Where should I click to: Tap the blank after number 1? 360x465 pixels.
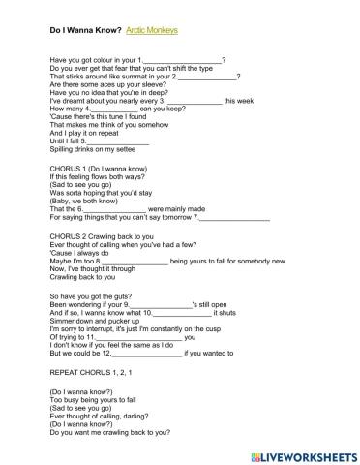click(x=183, y=60)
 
